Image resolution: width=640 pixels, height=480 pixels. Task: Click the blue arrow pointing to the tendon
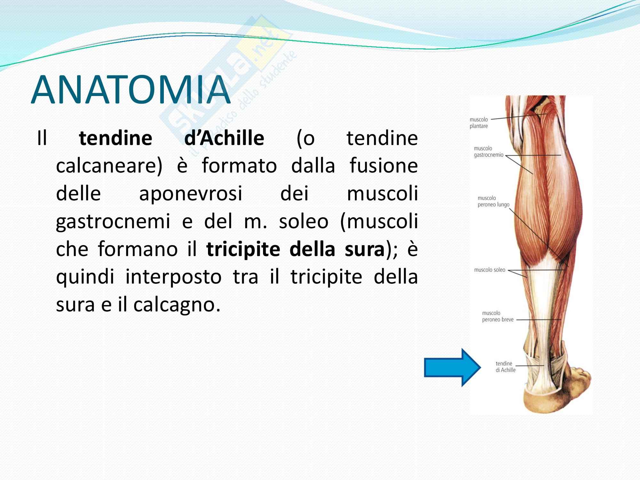[x=452, y=367]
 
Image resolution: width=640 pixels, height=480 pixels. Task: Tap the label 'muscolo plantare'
[x=479, y=123]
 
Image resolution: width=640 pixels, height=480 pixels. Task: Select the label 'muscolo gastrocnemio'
[x=488, y=152]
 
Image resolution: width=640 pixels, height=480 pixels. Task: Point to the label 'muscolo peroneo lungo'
[x=493, y=201]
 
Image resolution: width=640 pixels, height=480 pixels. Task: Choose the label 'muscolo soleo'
[x=490, y=270]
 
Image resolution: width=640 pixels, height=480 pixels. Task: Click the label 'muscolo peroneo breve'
[x=498, y=316]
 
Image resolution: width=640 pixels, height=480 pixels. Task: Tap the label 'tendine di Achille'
[x=506, y=367]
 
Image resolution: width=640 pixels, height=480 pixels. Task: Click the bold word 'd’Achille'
[x=224, y=138]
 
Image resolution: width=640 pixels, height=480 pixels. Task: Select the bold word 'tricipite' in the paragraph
[x=243, y=249]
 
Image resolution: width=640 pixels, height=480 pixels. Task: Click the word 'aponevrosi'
[x=191, y=194]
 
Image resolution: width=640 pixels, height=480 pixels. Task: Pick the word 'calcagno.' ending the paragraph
[x=177, y=305]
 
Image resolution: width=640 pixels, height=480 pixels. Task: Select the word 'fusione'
[x=384, y=166]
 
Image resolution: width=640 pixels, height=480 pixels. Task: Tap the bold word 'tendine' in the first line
[x=116, y=138]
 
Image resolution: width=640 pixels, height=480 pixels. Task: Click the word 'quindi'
[x=85, y=277]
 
